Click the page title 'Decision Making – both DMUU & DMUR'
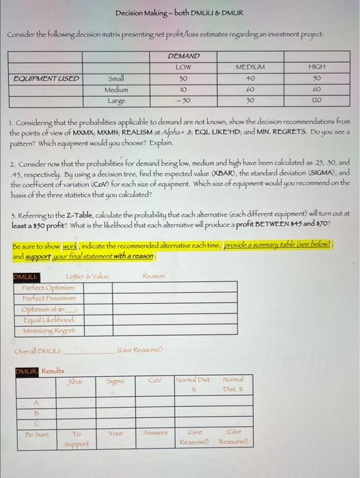click(x=180, y=13)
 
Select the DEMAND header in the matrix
click(x=183, y=57)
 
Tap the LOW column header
click(x=182, y=67)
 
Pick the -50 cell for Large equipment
click(x=182, y=100)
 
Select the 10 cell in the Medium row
click(x=182, y=89)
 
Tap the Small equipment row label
click(x=117, y=78)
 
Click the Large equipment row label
click(x=117, y=100)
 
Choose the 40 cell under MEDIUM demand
click(x=249, y=78)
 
